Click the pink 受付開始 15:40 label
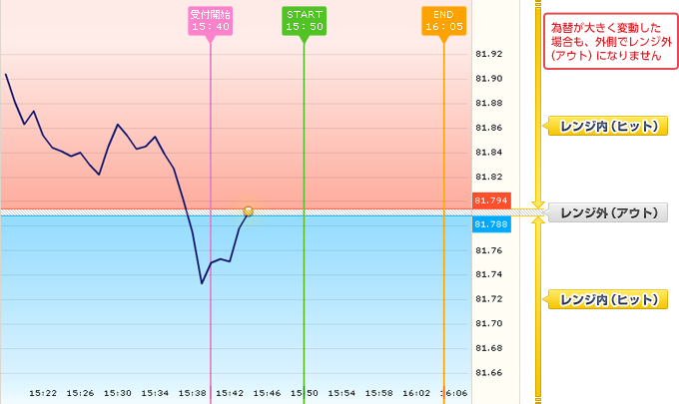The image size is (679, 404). [x=211, y=20]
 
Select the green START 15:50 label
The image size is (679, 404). [x=304, y=20]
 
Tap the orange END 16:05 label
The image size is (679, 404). [x=443, y=20]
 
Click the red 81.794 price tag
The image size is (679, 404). [x=492, y=201]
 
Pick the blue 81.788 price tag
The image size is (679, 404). [x=492, y=224]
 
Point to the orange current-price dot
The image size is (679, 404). [x=248, y=210]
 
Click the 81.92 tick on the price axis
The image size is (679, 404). [x=489, y=54]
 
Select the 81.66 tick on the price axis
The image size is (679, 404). [x=489, y=373]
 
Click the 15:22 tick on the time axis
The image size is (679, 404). [x=43, y=393]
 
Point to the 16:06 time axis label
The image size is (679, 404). [x=453, y=393]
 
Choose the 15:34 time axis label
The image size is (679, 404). [x=155, y=393]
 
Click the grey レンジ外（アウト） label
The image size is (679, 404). [x=607, y=212]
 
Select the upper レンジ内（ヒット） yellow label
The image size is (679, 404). [x=607, y=126]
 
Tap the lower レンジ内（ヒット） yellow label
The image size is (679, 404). [x=607, y=298]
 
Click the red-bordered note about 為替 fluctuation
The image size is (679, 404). [x=606, y=42]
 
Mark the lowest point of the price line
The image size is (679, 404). [x=202, y=283]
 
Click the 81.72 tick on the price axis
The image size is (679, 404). [x=489, y=299]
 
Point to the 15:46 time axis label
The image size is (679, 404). [x=267, y=393]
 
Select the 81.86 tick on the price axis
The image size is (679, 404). [x=489, y=128]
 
